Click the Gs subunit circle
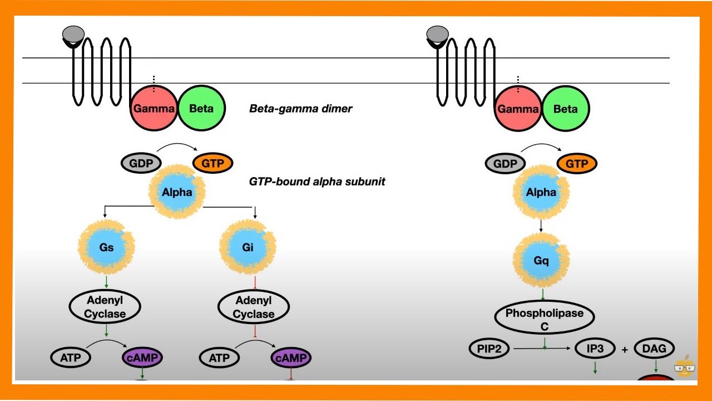[x=107, y=247]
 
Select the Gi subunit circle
[x=248, y=247]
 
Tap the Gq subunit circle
[x=541, y=261]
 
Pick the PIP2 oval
[x=490, y=349]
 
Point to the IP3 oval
[x=595, y=349]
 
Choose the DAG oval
[x=654, y=349]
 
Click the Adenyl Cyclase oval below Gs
[x=105, y=307]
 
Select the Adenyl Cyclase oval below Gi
[x=254, y=307]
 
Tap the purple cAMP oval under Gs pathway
[x=142, y=358]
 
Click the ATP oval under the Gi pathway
[x=220, y=358]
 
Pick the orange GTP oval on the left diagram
[x=212, y=163]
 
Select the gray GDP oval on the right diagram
[x=505, y=164]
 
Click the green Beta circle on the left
[x=201, y=109]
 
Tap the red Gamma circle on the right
[x=518, y=109]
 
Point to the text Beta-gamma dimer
[x=300, y=109]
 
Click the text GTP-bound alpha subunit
[x=317, y=182]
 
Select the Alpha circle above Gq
[x=541, y=193]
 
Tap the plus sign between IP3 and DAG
[x=625, y=350]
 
